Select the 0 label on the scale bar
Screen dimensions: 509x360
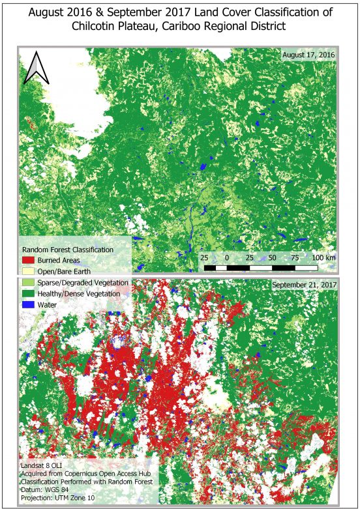tap(226, 258)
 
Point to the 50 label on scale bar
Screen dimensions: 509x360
tap(273, 258)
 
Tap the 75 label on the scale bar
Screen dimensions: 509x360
tap(295, 258)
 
